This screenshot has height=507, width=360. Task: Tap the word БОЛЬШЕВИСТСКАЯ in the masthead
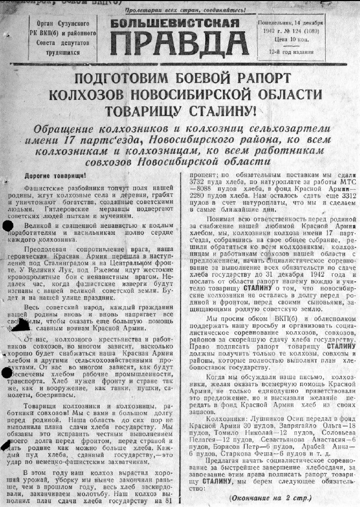coord(175,23)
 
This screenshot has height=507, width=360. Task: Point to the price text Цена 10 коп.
coord(290,40)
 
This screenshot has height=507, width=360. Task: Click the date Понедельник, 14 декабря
coord(291,23)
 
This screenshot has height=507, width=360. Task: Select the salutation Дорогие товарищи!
coord(55,176)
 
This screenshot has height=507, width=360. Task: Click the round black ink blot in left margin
coord(8,225)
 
